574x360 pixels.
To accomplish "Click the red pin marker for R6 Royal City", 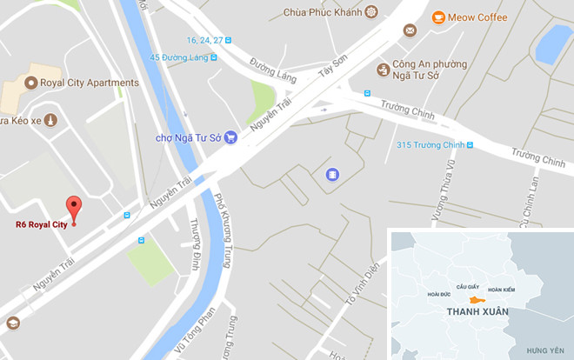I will [x=74, y=208].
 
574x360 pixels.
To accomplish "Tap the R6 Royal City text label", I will [x=41, y=225].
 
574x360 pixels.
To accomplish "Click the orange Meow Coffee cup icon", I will [x=439, y=17].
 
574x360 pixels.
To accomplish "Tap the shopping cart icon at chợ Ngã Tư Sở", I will [x=230, y=137].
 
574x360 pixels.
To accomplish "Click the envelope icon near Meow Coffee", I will [x=410, y=31].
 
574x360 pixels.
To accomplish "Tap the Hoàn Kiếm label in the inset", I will [x=502, y=289].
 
